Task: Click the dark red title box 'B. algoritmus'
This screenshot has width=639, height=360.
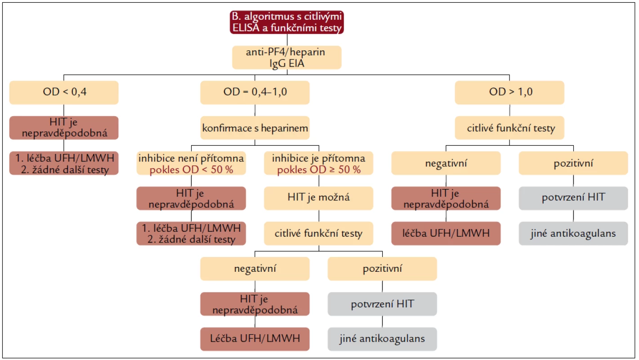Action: click(x=287, y=22)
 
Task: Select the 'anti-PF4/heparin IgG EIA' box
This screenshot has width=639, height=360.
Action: click(x=287, y=58)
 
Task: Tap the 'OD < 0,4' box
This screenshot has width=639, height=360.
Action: click(x=64, y=93)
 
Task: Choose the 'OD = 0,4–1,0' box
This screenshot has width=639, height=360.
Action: click(x=255, y=93)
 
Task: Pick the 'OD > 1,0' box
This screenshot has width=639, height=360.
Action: click(x=509, y=93)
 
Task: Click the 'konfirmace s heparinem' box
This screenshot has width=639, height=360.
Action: click(x=255, y=128)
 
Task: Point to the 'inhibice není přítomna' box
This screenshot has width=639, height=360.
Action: click(x=191, y=163)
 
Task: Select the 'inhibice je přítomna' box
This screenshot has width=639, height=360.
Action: click(x=319, y=163)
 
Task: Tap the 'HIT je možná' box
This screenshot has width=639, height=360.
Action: click(x=319, y=198)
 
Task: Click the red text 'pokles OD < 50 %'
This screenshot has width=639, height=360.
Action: click(x=191, y=170)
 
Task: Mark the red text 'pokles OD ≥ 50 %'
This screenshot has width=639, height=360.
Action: click(x=319, y=170)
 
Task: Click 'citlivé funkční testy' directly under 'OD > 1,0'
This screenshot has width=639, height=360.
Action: click(x=509, y=128)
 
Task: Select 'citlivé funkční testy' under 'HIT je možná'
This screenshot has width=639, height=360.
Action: click(x=319, y=233)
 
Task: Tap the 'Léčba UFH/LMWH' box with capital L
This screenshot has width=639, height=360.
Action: click(x=255, y=339)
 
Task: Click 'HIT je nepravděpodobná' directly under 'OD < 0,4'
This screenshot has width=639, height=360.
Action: click(x=64, y=128)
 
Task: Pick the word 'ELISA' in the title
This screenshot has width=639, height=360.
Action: click(x=246, y=28)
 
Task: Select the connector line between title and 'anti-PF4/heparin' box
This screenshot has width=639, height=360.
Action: click(x=287, y=40)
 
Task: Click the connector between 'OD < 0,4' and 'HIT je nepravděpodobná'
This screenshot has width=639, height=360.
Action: click(x=63, y=110)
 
